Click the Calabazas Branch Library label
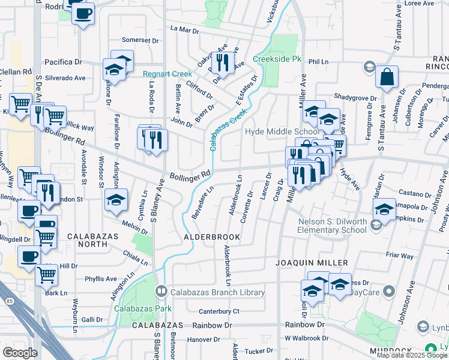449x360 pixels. tap(211, 293)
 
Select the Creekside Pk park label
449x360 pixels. tap(277, 59)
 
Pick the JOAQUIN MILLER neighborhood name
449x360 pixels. tap(312, 263)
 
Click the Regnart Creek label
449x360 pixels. tap(166, 74)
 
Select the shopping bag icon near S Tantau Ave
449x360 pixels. tap(388, 77)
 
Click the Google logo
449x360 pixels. tap(20, 352)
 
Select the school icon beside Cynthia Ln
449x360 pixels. tap(116, 200)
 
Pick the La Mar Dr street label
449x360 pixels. tap(185, 28)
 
